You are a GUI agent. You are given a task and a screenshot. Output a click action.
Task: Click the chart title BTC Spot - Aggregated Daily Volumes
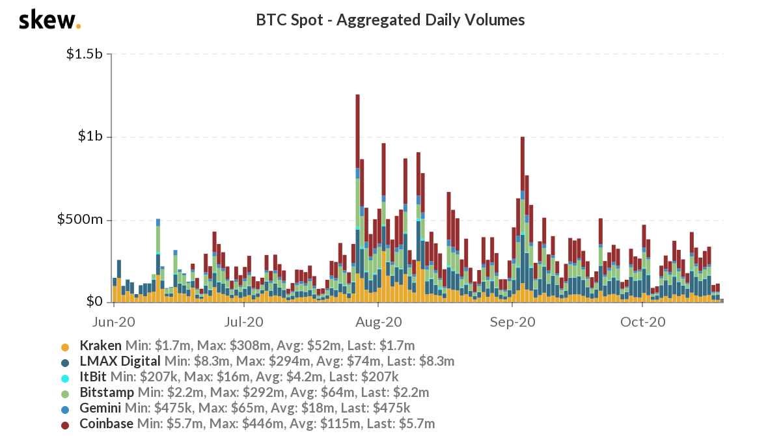pos(390,20)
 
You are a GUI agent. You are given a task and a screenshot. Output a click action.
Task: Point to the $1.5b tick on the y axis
pos(85,55)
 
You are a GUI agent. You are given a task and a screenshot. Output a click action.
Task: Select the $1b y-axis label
pos(90,137)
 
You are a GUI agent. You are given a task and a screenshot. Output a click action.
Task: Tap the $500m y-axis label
pos(81,219)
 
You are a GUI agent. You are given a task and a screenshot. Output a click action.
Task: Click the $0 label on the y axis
pos(95,302)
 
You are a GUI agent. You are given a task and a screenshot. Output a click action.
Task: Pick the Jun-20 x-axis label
pos(114,321)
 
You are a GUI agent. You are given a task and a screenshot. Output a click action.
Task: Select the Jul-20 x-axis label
pos(243,321)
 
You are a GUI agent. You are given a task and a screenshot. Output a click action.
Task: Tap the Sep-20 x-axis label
pos(513,321)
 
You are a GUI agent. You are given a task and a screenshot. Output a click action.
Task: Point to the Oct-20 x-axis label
pos(642,321)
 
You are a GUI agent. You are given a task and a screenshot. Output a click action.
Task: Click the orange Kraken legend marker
pos(64,346)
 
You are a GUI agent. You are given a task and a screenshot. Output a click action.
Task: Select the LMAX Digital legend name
pos(120,361)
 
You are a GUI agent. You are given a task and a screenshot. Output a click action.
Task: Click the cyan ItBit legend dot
pos(64,377)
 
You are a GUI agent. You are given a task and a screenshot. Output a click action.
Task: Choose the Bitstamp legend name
pos(107,392)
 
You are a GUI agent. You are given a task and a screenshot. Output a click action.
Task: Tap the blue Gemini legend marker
pos(64,409)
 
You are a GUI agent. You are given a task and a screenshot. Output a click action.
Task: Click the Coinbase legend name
pos(106,424)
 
